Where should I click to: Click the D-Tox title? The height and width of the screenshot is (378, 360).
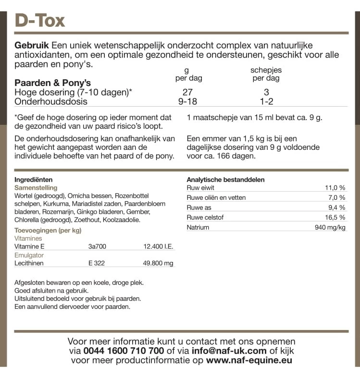[x=40, y=20]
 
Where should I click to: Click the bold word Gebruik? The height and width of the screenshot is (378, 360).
[x=31, y=45]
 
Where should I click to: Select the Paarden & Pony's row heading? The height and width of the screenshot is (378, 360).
[x=53, y=83]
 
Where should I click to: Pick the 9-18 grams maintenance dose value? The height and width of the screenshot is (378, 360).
[x=187, y=101]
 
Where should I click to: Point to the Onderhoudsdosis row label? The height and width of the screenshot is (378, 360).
[x=51, y=101]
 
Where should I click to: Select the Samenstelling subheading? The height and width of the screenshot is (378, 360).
[x=36, y=188]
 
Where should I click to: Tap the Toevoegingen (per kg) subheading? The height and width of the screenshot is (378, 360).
[x=48, y=230]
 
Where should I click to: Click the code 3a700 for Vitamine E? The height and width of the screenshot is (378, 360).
[x=98, y=246]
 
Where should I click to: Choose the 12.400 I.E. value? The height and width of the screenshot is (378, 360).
[x=159, y=246]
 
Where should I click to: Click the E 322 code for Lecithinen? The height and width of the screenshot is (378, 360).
[x=97, y=263]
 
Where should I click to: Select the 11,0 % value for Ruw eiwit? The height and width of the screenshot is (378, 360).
[x=335, y=188]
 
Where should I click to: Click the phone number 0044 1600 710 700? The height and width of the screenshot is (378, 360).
[x=124, y=351]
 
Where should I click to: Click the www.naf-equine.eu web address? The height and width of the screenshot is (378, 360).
[x=249, y=360]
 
